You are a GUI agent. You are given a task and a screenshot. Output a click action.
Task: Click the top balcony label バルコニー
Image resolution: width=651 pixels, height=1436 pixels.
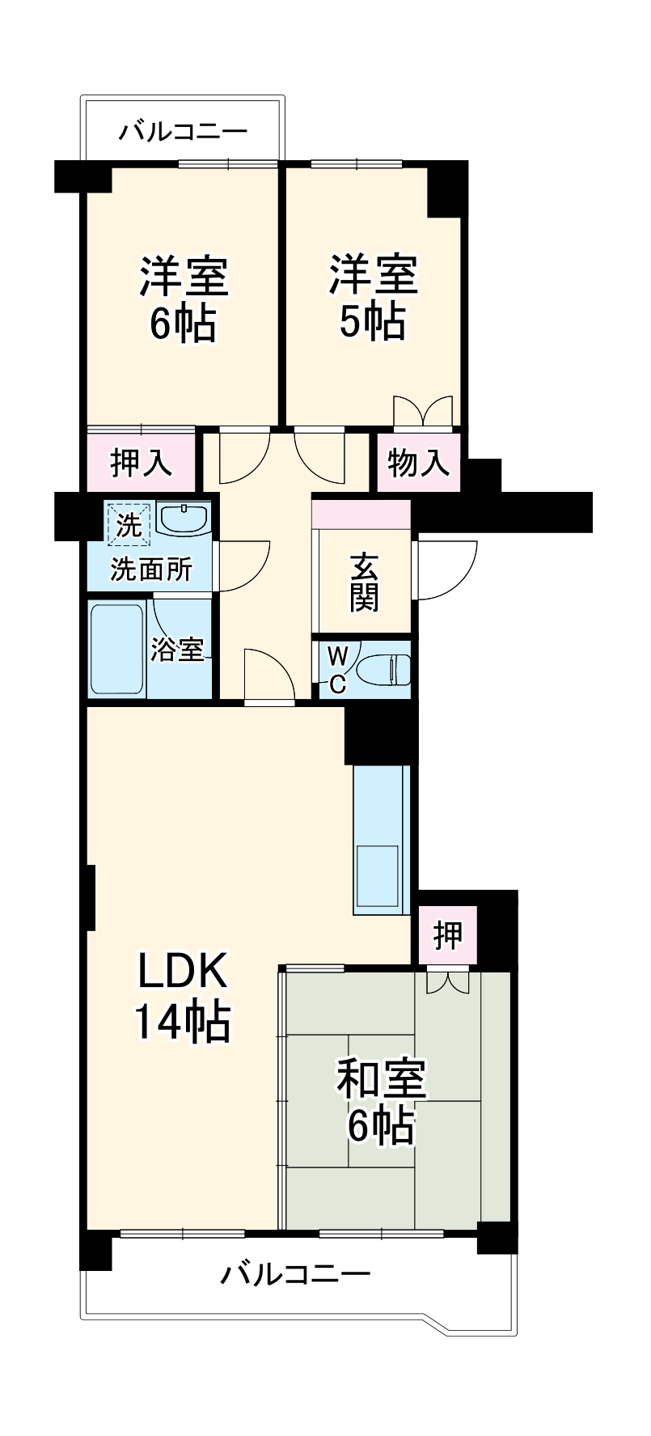pyautogui.click(x=183, y=132)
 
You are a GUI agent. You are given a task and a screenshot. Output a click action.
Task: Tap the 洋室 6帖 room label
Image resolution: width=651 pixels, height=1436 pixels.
pyautogui.click(x=183, y=298)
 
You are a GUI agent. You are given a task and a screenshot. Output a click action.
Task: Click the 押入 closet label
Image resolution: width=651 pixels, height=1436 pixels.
pyautogui.click(x=142, y=462)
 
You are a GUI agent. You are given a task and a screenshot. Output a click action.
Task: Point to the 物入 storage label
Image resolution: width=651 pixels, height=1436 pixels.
pyautogui.click(x=417, y=463)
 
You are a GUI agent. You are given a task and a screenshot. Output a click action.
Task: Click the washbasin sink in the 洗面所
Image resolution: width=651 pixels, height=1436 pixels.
pyautogui.click(x=184, y=519)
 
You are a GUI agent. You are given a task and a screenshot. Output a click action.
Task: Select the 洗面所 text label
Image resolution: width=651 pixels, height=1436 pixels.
pyautogui.click(x=151, y=570)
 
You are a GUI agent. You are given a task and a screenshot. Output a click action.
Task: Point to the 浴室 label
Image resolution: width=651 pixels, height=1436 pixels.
pyautogui.click(x=177, y=650)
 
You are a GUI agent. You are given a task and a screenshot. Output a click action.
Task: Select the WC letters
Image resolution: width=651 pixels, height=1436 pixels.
pyautogui.click(x=337, y=668)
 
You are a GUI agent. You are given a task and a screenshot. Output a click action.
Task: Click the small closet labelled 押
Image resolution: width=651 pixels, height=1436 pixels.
pyautogui.click(x=447, y=935)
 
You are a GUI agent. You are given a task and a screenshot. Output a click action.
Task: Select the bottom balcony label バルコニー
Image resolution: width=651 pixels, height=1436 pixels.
pyautogui.click(x=296, y=1276)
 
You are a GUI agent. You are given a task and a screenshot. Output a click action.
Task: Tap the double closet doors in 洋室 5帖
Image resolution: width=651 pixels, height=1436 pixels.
pyautogui.click(x=422, y=411)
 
